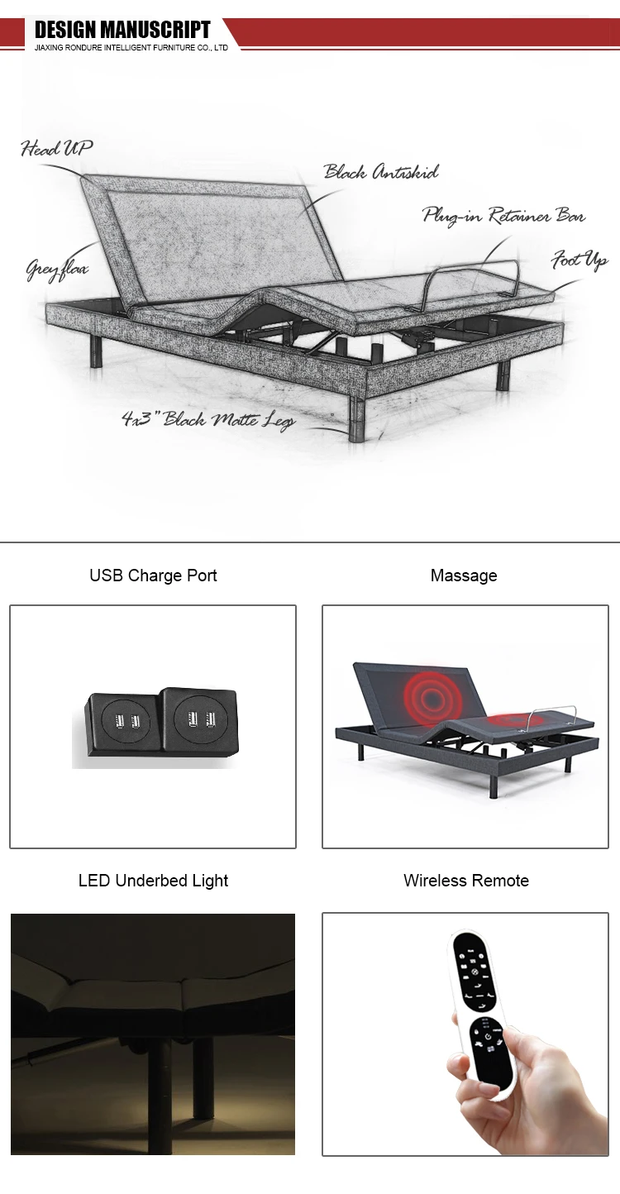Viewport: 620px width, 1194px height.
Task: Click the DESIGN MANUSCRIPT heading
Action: pyautogui.click(x=122, y=31)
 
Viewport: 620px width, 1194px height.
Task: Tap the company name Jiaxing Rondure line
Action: pyautogui.click(x=131, y=49)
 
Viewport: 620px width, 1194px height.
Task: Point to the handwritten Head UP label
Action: pyautogui.click(x=56, y=149)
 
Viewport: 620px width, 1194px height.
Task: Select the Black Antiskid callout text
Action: pyautogui.click(x=380, y=172)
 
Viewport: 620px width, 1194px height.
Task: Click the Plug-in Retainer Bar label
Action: pyautogui.click(x=503, y=216)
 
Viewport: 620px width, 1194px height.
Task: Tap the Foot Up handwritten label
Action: pyautogui.click(x=579, y=261)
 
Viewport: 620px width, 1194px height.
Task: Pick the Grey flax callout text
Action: pyautogui.click(x=56, y=270)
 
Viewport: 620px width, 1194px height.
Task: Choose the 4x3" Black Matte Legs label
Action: pyautogui.click(x=207, y=419)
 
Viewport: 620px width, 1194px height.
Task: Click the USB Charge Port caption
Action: pyautogui.click(x=153, y=576)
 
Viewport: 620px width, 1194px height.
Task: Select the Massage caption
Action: pyautogui.click(x=464, y=576)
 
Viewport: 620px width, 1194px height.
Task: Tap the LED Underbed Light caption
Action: pyautogui.click(x=153, y=881)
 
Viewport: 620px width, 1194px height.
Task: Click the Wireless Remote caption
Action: pyautogui.click(x=466, y=881)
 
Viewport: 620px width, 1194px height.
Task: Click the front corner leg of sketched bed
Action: pyautogui.click(x=358, y=420)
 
